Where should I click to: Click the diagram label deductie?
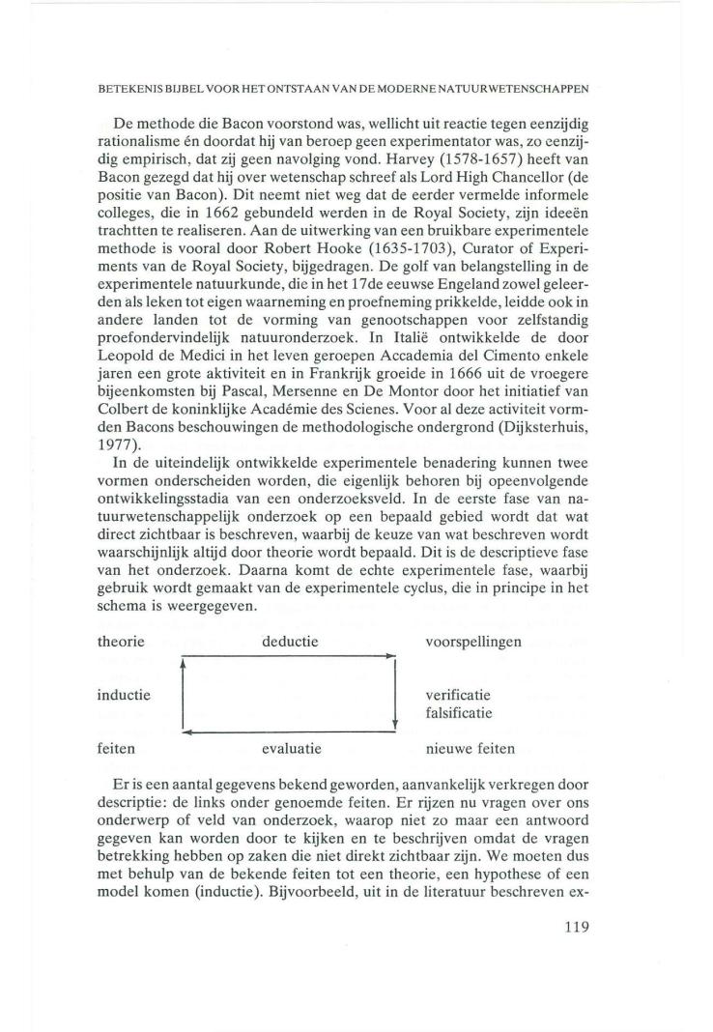click(x=291, y=642)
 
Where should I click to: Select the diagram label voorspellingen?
click(x=473, y=642)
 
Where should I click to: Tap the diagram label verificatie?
click(x=459, y=695)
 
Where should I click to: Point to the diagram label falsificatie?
click(x=459, y=714)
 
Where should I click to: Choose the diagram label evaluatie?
click(x=291, y=748)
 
